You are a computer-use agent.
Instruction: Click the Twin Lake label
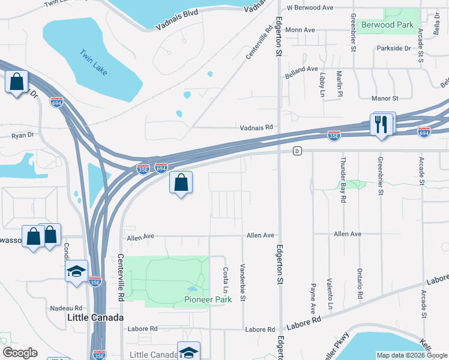[93, 62]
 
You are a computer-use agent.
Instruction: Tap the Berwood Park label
[388, 25]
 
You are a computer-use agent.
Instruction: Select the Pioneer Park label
[208, 299]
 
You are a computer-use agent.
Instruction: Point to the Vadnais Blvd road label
[177, 20]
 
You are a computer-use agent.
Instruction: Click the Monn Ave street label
[301, 30]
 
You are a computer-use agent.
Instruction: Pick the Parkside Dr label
[394, 48]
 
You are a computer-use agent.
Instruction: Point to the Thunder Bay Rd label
[343, 175]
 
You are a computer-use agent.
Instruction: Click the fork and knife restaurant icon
[381, 125]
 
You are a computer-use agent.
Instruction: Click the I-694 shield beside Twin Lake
[56, 103]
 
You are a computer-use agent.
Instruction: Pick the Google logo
[20, 353]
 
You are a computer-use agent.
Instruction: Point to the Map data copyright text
[412, 355]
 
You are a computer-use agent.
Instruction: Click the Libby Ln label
[322, 86]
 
